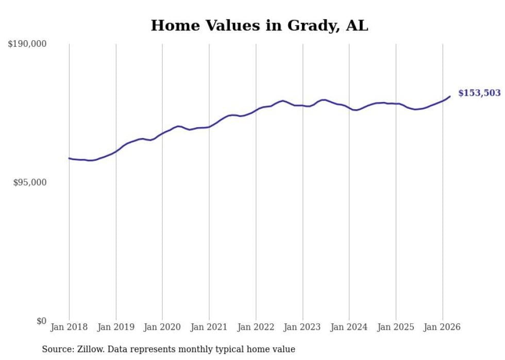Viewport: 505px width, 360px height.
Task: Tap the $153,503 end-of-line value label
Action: pyautogui.click(x=479, y=93)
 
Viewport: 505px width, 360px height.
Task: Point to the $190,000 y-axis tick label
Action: pyautogui.click(x=27, y=44)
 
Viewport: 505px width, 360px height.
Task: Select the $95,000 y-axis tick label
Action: pyautogui.click(x=29, y=182)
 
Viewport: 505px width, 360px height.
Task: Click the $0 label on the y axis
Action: pyautogui.click(x=41, y=321)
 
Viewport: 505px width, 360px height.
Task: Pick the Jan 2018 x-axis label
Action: pyautogui.click(x=69, y=327)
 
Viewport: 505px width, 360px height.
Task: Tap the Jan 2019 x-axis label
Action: pyautogui.click(x=116, y=327)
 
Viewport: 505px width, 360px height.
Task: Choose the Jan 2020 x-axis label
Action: pyautogui.click(x=162, y=327)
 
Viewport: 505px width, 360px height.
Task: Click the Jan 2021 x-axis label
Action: pyautogui.click(x=209, y=327)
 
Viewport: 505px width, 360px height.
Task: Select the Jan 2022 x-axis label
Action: pyautogui.click(x=256, y=327)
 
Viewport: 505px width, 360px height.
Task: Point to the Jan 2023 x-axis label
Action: pyautogui.click(x=302, y=327)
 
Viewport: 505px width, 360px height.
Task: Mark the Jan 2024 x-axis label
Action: pyautogui.click(x=349, y=327)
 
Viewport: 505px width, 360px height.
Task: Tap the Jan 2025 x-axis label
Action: pyautogui.click(x=396, y=327)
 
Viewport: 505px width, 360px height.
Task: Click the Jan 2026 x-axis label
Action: pyautogui.click(x=443, y=327)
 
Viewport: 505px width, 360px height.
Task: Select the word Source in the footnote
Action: pyautogui.click(x=57, y=349)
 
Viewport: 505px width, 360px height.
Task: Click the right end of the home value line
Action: pyautogui.click(x=450, y=96)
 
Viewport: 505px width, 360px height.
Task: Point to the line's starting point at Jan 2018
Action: pyautogui.click(x=69, y=158)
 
